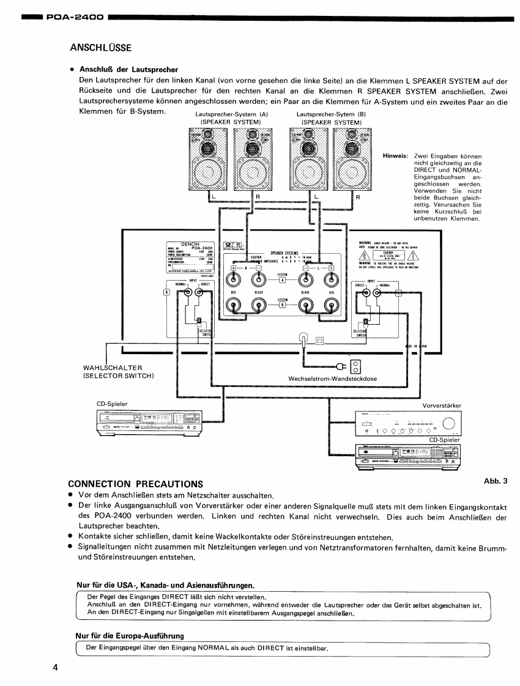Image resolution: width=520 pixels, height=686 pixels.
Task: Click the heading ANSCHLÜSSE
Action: coord(101,47)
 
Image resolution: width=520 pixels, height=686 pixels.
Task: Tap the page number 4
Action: coord(55,667)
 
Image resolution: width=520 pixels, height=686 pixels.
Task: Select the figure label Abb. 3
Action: coord(496,481)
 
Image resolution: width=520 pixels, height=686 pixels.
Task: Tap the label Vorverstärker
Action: coord(442,405)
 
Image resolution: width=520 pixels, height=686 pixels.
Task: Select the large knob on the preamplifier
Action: coord(448,424)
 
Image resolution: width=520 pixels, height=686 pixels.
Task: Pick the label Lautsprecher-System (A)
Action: coord(231,114)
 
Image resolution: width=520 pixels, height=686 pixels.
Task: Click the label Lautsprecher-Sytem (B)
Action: coord(331,114)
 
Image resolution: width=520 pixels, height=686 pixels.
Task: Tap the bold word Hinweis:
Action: coord(395,156)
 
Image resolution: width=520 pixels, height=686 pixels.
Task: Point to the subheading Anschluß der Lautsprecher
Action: coord(128,70)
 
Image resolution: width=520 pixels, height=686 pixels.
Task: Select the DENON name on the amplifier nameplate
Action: coord(184,243)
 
